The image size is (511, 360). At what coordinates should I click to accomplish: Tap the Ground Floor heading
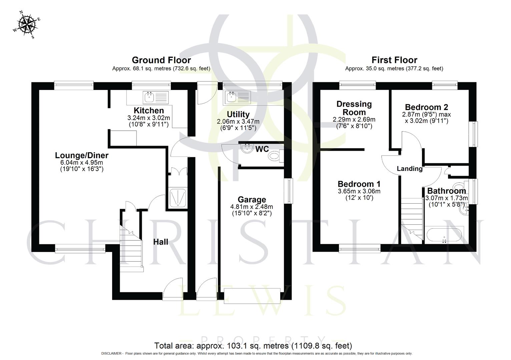[161, 60]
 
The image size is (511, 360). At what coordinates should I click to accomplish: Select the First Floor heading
[394, 60]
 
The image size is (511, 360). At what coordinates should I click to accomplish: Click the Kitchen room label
[149, 110]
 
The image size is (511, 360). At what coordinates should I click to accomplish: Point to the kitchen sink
[149, 97]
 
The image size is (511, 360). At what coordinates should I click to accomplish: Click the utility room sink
[231, 97]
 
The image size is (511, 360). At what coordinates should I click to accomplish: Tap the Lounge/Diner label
[82, 155]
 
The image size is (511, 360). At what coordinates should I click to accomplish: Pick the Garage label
[251, 199]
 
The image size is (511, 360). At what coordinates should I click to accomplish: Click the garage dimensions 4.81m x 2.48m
[251, 207]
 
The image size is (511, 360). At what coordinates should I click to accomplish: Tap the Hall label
[160, 242]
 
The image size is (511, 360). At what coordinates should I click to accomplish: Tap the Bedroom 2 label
[426, 107]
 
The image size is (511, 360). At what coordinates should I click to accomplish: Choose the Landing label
[409, 169]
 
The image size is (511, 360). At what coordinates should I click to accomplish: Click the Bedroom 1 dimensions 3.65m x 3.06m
[359, 191]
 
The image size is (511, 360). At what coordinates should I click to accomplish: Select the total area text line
[253, 346]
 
